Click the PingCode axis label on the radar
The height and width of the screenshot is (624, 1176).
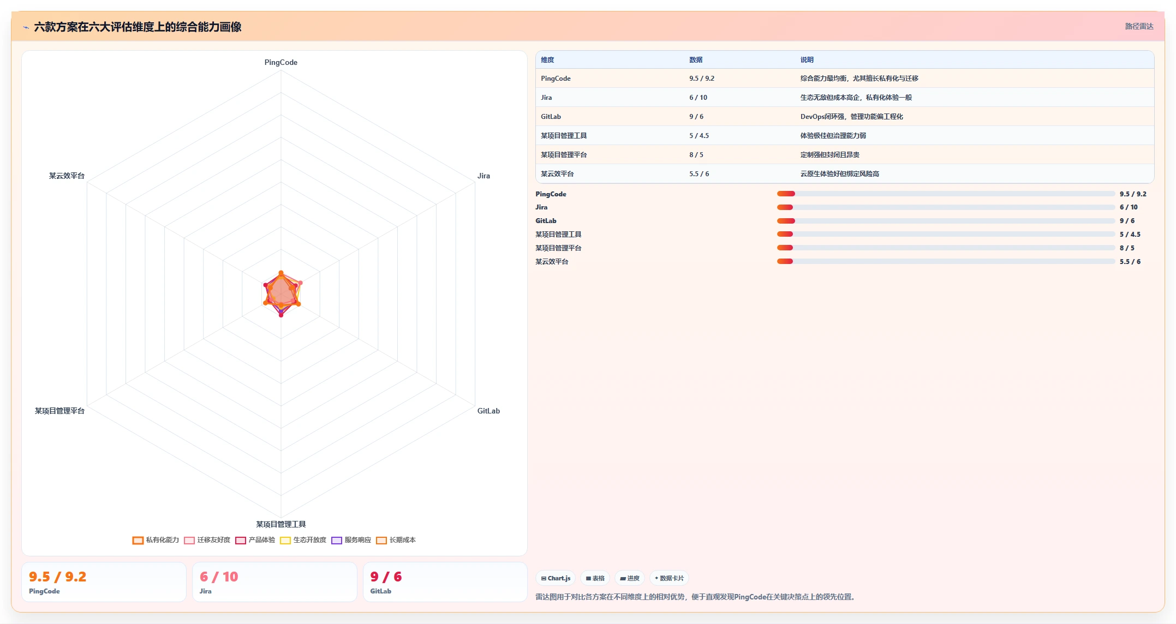(281, 62)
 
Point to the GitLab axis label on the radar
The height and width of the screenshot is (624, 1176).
(488, 411)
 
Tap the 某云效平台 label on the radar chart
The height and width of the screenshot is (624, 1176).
(67, 176)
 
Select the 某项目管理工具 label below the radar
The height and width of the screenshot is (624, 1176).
(281, 524)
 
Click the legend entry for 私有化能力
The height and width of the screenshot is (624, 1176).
(156, 540)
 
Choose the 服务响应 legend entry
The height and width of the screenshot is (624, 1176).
(351, 540)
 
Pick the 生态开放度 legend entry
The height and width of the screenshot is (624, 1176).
(303, 540)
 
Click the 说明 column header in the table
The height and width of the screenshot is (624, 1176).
(807, 60)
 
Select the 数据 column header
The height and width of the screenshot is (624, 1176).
(696, 60)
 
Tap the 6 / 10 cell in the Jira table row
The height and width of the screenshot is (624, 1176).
(698, 98)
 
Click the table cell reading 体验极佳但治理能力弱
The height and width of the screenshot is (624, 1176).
(833, 136)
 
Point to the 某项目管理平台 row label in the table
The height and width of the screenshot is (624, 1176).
(564, 155)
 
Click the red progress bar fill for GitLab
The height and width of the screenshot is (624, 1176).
(786, 221)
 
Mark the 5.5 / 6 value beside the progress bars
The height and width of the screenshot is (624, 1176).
(1130, 262)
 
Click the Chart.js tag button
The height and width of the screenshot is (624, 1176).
(556, 578)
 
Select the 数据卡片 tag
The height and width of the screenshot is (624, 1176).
(669, 578)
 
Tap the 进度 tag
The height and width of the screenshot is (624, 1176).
(630, 578)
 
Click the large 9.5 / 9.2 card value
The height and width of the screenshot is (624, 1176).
(57, 577)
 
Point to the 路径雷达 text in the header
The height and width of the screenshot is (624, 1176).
(1139, 26)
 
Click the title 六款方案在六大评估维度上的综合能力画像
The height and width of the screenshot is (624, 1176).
(138, 27)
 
